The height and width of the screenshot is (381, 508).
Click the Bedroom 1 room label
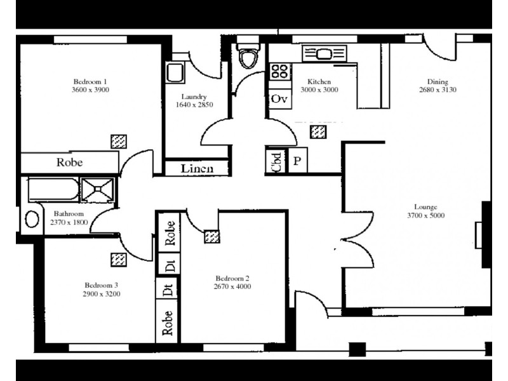click(90, 81)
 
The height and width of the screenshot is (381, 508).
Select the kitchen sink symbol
click(324, 53)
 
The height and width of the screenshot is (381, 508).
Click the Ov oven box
click(279, 99)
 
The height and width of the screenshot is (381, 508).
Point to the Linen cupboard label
click(196, 169)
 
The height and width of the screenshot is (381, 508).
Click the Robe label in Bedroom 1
click(69, 162)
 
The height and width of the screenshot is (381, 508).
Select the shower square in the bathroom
click(98, 189)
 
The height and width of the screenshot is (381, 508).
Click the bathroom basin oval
click(32, 219)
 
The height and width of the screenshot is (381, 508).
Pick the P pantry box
click(297, 161)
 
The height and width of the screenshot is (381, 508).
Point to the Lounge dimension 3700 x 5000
click(429, 215)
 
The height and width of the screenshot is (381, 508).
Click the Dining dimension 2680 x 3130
click(438, 90)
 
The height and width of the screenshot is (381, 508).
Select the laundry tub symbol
click(175, 72)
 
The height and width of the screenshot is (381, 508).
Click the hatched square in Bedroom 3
click(118, 259)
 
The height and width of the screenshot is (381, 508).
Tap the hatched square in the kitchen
click(319, 132)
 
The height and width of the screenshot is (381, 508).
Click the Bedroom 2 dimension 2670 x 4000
click(232, 286)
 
